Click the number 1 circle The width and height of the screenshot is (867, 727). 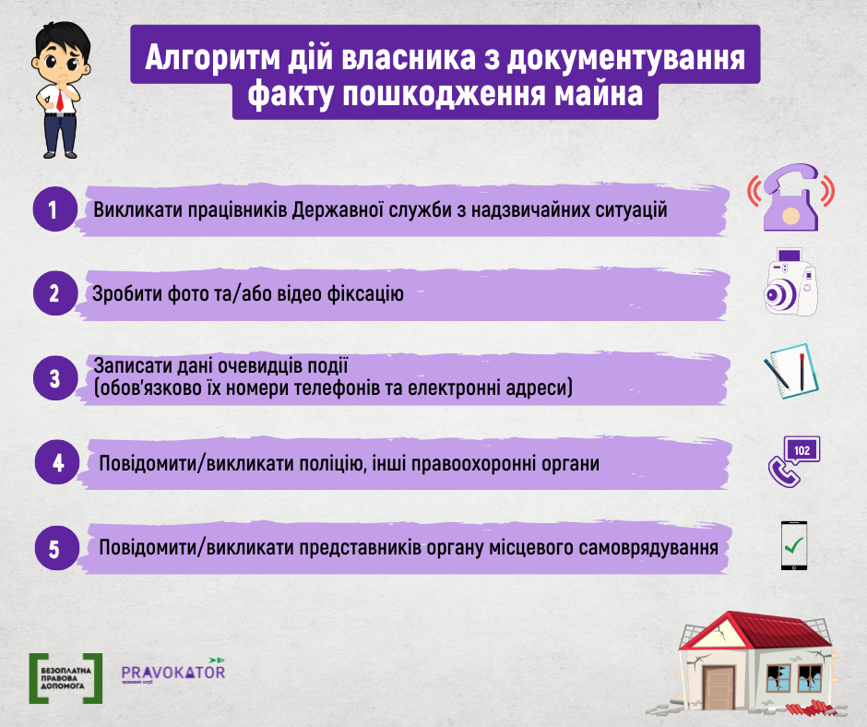pyautogui.click(x=54, y=209)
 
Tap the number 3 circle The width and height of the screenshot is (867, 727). pyautogui.click(x=54, y=378)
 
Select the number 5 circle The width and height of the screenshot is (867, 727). pyautogui.click(x=57, y=548)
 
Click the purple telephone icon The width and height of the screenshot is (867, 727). pyautogui.click(x=790, y=197)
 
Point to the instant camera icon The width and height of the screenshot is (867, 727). pyautogui.click(x=790, y=282)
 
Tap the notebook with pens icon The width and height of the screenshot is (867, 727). pyautogui.click(x=791, y=371)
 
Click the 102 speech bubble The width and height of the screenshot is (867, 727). pyautogui.click(x=802, y=450)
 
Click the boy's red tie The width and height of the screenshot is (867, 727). pyautogui.click(x=60, y=101)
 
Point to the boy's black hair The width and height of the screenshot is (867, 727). pyautogui.click(x=63, y=39)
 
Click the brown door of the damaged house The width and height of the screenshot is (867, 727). pyautogui.click(x=719, y=687)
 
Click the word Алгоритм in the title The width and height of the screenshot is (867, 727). pyautogui.click(x=212, y=57)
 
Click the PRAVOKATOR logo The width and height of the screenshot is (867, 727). pyautogui.click(x=173, y=671)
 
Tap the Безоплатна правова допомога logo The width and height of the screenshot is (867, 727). pyautogui.click(x=65, y=678)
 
